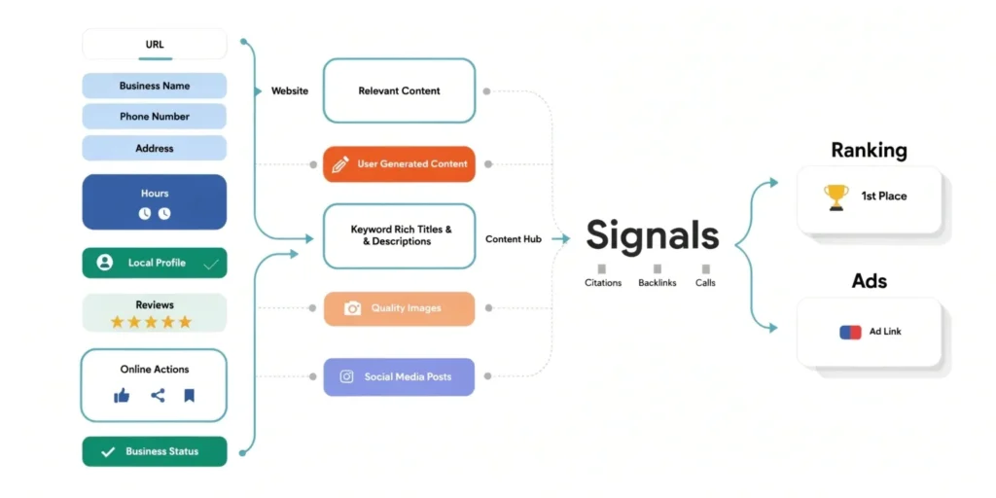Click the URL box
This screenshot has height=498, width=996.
155,44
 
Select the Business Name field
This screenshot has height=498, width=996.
155,86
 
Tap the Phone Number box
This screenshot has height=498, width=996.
155,117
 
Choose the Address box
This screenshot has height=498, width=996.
155,148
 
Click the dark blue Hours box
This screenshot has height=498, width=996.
155,201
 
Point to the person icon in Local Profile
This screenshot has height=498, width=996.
105,263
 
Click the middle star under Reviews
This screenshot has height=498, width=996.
151,322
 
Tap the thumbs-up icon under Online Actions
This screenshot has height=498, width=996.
122,395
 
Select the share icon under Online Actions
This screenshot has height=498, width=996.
158,395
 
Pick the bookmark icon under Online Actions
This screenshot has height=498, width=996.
189,395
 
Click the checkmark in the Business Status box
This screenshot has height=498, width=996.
107,451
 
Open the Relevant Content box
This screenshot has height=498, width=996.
399,90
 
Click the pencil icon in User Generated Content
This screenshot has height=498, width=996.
339,164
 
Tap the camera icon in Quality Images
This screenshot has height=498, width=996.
352,308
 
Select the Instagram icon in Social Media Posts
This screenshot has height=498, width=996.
346,376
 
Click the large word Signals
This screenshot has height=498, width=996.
652,235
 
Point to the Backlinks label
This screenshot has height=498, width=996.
657,283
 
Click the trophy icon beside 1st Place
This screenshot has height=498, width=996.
836,196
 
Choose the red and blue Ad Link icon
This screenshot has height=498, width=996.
850,332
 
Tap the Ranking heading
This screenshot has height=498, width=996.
869,151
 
